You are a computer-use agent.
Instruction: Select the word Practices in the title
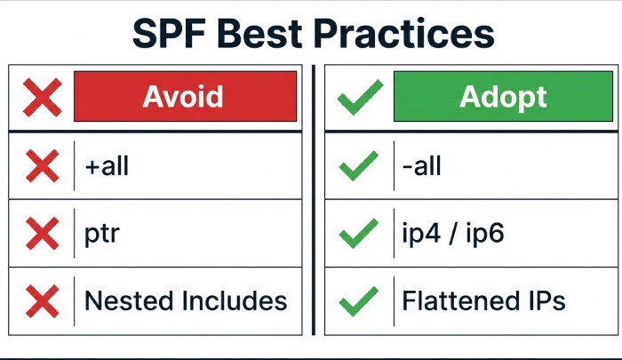click(412, 34)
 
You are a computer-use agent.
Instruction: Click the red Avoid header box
click(184, 97)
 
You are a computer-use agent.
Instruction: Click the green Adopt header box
click(502, 97)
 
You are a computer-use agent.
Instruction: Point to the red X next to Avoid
click(41, 98)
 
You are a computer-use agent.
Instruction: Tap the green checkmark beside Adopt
click(359, 98)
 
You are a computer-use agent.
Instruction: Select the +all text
click(108, 165)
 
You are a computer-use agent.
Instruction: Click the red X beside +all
click(41, 165)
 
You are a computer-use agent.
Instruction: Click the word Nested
click(129, 300)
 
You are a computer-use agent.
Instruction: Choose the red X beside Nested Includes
click(41, 300)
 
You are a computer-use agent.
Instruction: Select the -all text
click(422, 165)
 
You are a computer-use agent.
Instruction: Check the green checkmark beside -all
click(359, 165)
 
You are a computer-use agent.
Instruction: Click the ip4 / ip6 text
click(453, 234)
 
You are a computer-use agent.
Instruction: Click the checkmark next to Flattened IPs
click(359, 300)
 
